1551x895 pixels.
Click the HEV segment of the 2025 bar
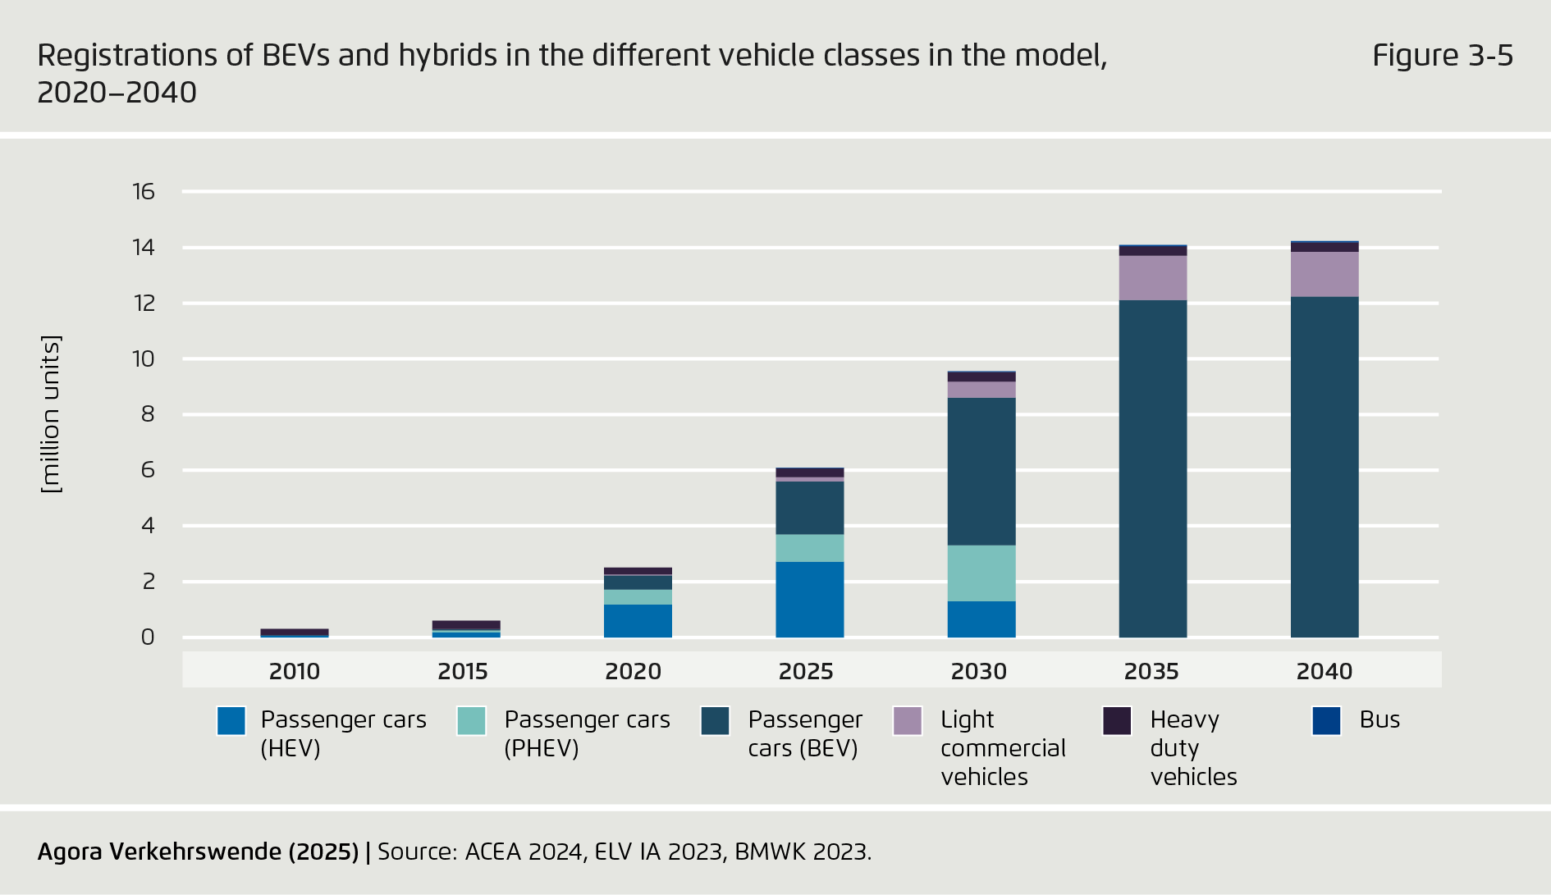pos(809,599)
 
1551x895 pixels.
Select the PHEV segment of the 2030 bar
pos(981,573)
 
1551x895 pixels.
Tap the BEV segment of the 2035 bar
pos(1152,468)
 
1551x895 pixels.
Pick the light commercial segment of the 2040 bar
pos(1324,274)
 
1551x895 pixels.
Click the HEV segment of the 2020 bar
pos(638,621)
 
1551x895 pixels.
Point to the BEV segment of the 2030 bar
pos(981,471)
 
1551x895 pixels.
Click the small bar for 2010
pos(295,632)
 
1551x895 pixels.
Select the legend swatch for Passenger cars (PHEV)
pos(472,721)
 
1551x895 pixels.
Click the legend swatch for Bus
pos(1326,721)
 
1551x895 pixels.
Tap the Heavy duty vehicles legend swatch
pos(1117,721)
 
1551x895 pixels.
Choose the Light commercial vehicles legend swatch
pos(908,721)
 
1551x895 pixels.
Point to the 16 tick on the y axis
pos(144,192)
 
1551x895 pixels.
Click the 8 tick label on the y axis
pos(148,414)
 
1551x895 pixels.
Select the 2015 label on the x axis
pos(463,671)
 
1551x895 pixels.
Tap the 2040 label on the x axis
pos(1324,671)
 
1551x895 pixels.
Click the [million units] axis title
pos(51,414)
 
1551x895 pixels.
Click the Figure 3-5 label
pos(1442,56)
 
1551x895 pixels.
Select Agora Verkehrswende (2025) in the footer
pos(198,852)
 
